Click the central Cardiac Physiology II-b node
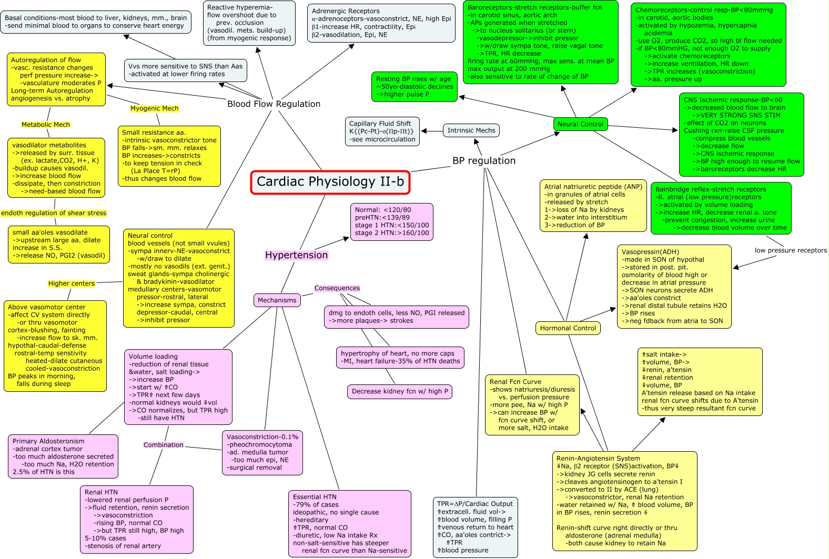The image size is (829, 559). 330,182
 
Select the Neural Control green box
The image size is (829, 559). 580,124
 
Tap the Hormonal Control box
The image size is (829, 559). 568,328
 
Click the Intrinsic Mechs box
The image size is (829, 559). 471,130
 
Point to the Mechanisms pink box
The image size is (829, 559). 277,300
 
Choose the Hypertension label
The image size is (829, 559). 296,255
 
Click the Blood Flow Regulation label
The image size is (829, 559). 274,104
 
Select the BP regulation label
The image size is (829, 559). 484,161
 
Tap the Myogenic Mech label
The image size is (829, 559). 154,108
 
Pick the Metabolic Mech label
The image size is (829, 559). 46,125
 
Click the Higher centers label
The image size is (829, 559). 72,283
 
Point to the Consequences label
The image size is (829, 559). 337,288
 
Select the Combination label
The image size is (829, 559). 164,445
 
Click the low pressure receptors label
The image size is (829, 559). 791,250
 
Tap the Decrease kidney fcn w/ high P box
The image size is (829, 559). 400,391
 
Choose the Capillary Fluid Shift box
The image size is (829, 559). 382,131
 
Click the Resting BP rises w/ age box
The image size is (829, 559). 414,87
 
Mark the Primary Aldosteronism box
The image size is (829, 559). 63,456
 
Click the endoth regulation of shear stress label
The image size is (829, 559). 54,213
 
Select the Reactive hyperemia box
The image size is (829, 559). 249,23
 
